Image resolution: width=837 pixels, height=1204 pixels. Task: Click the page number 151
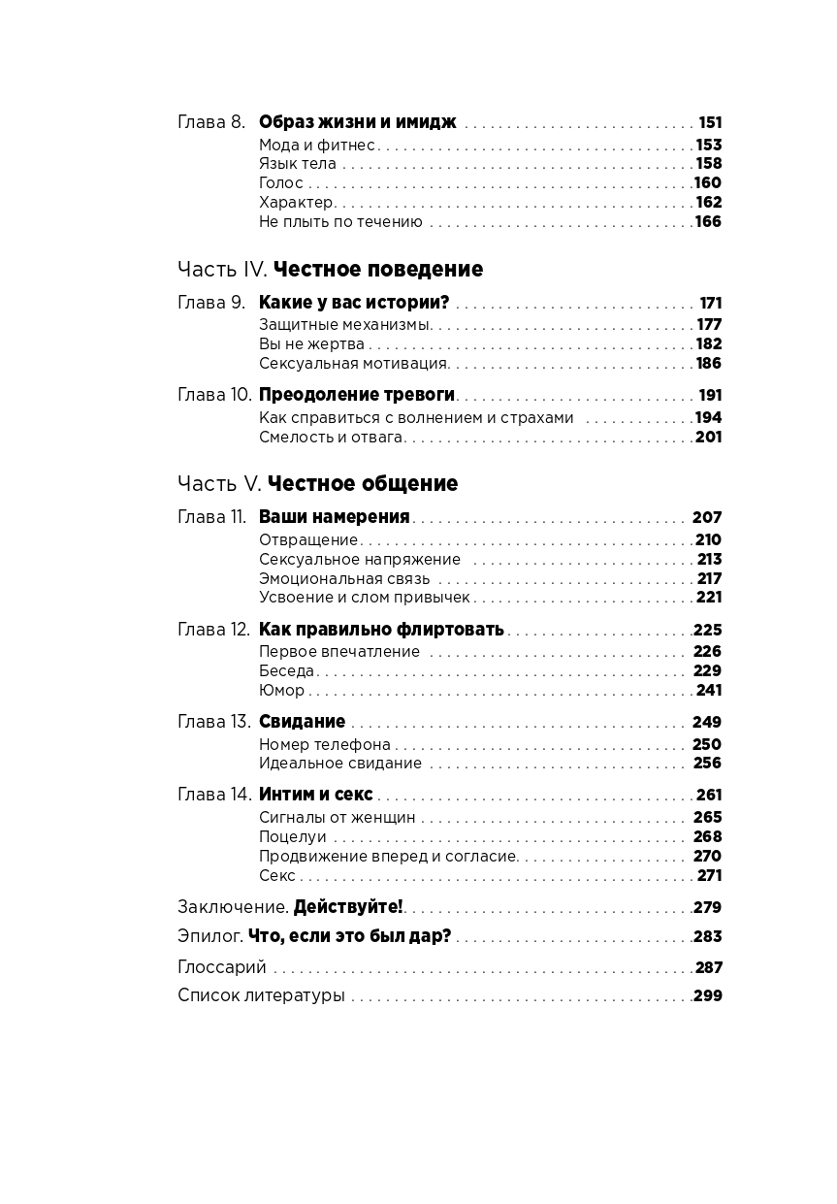(x=710, y=123)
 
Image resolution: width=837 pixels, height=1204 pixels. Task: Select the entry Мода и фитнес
(x=316, y=145)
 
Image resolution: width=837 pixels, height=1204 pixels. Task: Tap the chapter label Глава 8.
(x=211, y=122)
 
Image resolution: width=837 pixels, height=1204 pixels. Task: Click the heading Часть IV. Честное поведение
(x=330, y=269)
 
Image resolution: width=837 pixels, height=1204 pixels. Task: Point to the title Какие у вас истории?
(x=354, y=303)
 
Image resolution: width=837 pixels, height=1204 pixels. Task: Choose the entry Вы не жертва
(x=311, y=344)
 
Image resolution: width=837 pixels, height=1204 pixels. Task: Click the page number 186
(x=709, y=364)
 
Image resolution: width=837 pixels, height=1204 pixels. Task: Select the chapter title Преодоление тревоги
(x=357, y=395)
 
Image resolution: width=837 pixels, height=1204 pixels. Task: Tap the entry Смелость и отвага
(x=330, y=438)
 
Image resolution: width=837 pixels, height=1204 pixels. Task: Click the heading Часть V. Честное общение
(x=318, y=483)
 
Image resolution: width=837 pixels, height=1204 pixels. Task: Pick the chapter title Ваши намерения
(x=334, y=517)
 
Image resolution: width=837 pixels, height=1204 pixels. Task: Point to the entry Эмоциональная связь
(x=344, y=579)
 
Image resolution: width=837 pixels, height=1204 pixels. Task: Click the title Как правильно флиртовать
(x=381, y=630)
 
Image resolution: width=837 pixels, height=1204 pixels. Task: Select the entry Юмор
(x=281, y=691)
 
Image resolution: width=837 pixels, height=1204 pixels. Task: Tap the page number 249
(x=707, y=722)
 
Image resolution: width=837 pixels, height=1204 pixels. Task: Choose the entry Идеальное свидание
(x=339, y=764)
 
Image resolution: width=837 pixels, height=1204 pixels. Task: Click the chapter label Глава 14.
(x=214, y=795)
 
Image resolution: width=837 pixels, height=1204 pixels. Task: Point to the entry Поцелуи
(x=292, y=837)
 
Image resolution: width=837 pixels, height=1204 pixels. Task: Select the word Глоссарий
(x=221, y=967)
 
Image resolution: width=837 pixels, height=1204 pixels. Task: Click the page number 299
(x=707, y=995)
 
